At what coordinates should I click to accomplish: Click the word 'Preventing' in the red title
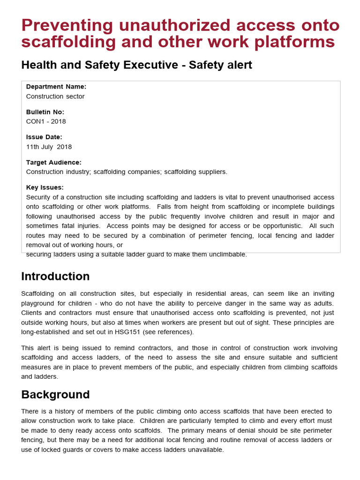[67, 25]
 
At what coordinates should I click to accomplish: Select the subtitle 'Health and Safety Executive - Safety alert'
[136, 65]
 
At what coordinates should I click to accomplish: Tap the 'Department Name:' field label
[56, 87]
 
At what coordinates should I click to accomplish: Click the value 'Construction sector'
[55, 97]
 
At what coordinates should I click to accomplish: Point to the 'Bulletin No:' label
[45, 112]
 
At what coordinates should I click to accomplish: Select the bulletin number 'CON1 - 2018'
[46, 121]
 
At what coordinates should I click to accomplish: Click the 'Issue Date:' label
[44, 137]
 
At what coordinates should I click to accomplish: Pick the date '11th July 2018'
[49, 147]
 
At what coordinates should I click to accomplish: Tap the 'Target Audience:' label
[54, 162]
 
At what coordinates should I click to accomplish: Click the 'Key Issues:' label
[45, 187]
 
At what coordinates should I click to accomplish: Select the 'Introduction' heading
[55, 276]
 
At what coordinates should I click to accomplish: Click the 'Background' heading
[55, 394]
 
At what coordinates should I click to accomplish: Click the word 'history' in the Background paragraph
[65, 411]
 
